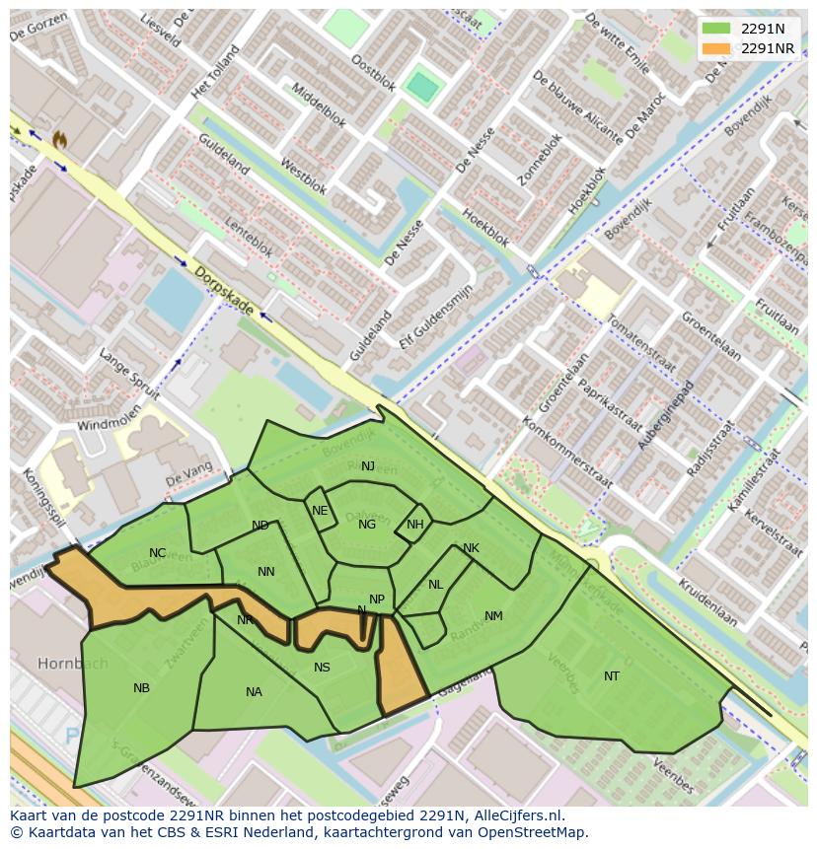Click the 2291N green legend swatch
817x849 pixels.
point(717,29)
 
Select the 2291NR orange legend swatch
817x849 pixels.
point(717,48)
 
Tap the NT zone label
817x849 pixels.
point(612,676)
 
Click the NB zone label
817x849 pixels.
point(141,688)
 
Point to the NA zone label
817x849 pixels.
point(254,692)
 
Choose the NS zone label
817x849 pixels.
point(322,668)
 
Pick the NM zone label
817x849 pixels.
point(493,616)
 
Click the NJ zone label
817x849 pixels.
point(368,466)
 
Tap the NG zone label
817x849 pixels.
point(367,525)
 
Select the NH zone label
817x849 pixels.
point(414,525)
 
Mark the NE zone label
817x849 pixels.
point(320,511)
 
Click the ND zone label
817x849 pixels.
point(260,526)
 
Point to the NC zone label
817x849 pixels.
point(158,553)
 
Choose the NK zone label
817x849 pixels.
point(471,548)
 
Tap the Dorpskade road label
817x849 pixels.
point(225,293)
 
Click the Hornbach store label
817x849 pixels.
point(73,664)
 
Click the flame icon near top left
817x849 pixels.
point(59,141)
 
